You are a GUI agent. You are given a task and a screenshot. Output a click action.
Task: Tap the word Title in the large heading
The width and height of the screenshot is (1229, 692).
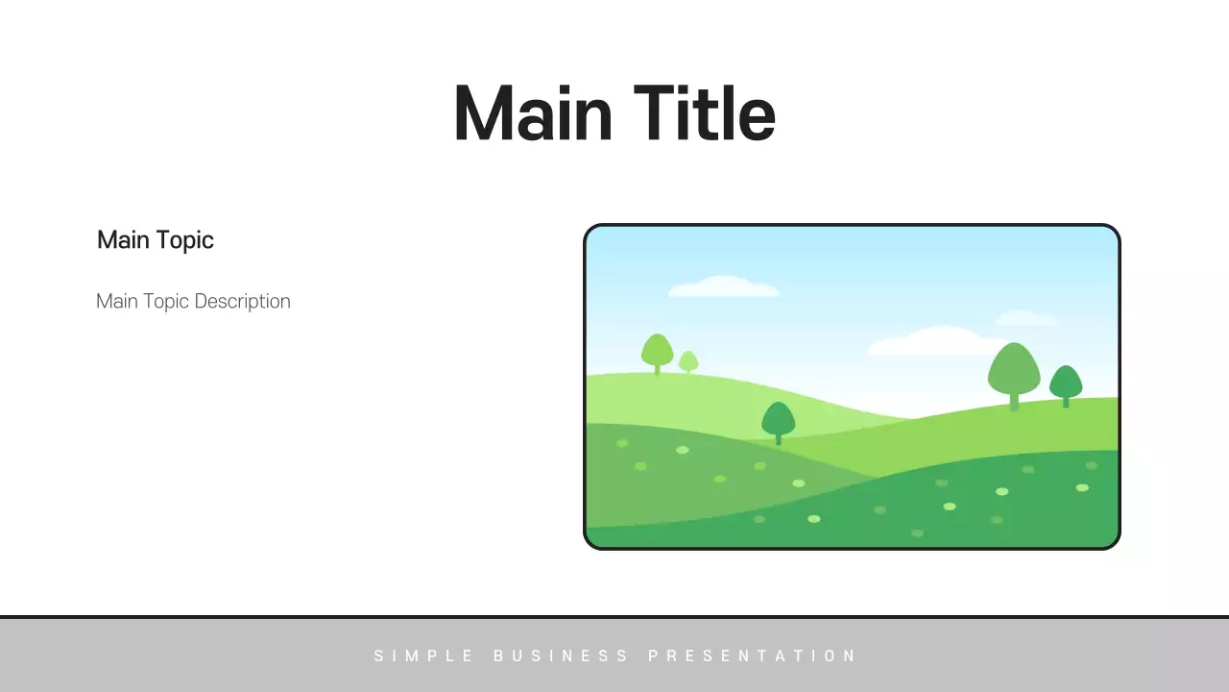click(704, 113)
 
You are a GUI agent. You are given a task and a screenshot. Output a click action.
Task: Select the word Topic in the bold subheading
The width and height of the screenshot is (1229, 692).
click(184, 239)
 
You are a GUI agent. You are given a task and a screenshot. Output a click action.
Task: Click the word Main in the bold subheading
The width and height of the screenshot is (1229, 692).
click(123, 239)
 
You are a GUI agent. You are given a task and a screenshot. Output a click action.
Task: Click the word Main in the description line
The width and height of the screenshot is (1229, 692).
click(117, 301)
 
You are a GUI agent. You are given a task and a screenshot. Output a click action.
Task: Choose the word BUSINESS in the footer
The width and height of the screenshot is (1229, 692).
click(562, 656)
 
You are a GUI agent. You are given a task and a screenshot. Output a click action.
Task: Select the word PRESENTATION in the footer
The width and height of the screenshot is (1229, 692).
click(752, 656)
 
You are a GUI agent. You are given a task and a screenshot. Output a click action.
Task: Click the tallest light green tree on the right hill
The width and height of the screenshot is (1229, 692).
click(1014, 367)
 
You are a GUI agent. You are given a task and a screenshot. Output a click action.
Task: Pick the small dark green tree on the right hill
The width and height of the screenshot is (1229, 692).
click(1066, 382)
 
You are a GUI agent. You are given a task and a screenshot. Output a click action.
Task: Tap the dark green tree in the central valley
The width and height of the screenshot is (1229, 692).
click(778, 418)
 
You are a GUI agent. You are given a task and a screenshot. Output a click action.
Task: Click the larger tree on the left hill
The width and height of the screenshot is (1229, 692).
click(657, 350)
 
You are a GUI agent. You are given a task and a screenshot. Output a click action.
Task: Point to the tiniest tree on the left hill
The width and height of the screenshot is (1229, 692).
click(688, 360)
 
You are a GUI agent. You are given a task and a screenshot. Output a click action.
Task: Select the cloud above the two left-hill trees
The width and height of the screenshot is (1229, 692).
click(723, 286)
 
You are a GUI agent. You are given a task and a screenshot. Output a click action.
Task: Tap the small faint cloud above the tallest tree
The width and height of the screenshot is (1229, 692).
click(1025, 317)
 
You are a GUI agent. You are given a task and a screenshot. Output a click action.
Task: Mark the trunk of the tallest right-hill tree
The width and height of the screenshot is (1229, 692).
click(1014, 401)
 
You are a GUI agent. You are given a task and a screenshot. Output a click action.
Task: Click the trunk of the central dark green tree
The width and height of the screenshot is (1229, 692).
click(778, 438)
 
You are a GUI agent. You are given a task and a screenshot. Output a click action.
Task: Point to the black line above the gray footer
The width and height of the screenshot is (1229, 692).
click(614, 616)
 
